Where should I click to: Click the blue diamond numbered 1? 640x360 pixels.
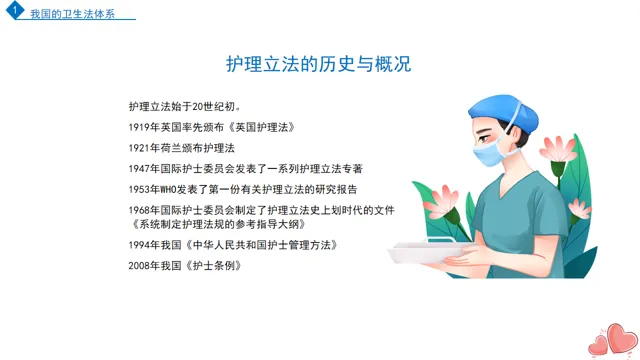(15, 10)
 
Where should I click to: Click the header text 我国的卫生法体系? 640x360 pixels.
(73, 14)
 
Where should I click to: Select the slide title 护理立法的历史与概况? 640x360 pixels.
(318, 64)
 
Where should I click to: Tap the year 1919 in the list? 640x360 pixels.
(139, 127)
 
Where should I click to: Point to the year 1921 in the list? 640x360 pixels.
(139, 148)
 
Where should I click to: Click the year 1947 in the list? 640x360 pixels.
(139, 169)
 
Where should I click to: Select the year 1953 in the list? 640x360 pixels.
(139, 190)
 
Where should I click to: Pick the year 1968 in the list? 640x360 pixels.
(139, 211)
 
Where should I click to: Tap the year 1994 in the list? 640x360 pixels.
(139, 245)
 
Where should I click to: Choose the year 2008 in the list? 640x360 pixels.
(139, 266)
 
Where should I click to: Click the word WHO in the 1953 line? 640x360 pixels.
(168, 190)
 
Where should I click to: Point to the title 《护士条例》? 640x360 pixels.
(213, 266)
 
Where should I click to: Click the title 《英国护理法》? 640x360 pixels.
(261, 127)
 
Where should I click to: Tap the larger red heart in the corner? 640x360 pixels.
(622, 338)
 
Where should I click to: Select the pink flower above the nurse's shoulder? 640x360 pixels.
(558, 149)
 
